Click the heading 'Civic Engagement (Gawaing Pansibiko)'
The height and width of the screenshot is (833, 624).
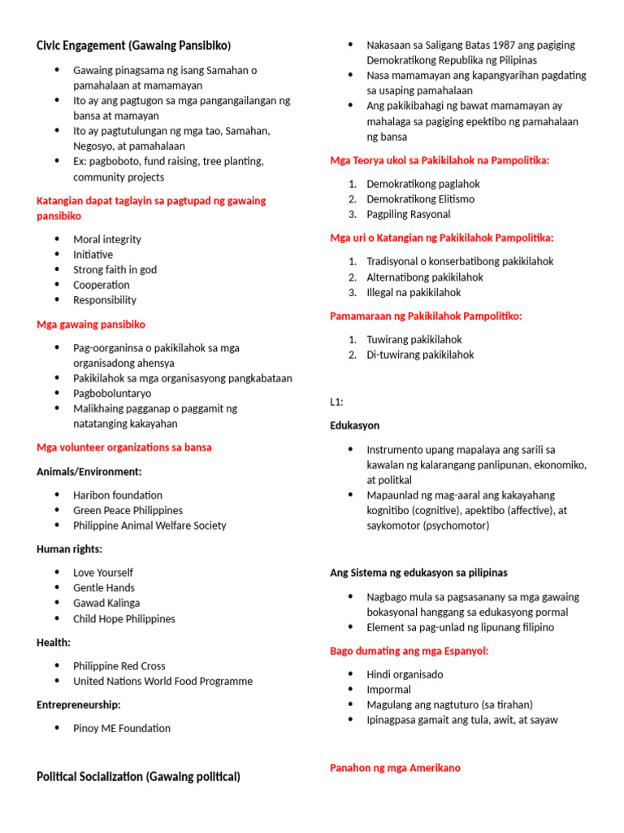point(134,45)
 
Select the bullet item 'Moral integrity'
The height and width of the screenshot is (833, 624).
point(106,239)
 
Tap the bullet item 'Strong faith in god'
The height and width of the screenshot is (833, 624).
point(115,269)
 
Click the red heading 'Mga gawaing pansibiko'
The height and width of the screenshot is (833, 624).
point(91,325)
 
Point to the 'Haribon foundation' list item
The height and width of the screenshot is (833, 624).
point(118,495)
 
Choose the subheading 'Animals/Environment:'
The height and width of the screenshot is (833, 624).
point(89,472)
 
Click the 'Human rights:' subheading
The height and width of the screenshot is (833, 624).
point(69,549)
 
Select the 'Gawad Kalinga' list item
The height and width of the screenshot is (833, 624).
point(106,603)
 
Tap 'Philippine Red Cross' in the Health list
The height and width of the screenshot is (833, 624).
point(119,665)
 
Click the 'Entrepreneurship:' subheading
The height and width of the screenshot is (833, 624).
point(79,704)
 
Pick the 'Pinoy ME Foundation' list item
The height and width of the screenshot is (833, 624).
point(122,728)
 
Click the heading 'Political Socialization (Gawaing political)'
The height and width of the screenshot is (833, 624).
point(138,777)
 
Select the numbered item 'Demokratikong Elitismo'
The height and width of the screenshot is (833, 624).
point(420,198)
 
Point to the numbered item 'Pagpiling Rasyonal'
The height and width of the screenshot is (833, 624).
point(408,214)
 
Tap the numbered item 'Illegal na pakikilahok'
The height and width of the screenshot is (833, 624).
point(413,292)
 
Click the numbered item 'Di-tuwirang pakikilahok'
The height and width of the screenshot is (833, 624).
point(419,355)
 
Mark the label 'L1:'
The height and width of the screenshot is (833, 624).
point(337,402)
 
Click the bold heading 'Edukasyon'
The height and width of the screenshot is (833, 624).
point(354,425)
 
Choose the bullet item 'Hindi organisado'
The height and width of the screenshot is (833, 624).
point(405,674)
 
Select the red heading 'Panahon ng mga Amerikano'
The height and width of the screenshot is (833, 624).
point(396,768)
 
